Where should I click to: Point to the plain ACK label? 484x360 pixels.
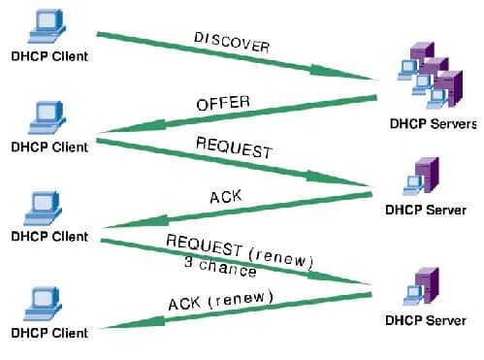tap(225, 198)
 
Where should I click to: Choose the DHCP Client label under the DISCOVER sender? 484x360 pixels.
tap(49, 55)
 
